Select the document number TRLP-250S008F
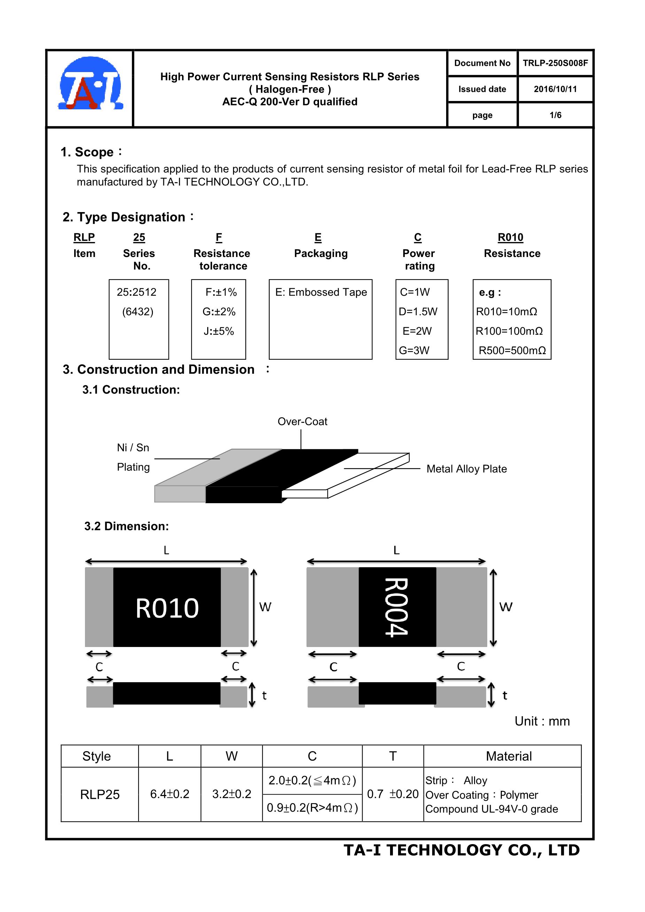click(555, 63)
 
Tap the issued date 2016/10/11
click(555, 89)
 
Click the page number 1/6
click(555, 115)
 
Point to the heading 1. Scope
click(87, 152)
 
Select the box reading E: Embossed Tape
click(320, 293)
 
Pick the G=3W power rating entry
click(414, 350)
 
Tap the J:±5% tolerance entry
click(219, 331)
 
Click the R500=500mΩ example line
click(512, 350)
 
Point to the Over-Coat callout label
click(302, 421)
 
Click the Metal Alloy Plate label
click(467, 469)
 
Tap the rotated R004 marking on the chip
click(397, 607)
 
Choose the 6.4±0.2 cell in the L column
click(170, 794)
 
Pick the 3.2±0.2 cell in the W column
click(232, 794)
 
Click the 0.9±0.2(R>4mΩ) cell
click(312, 808)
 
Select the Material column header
click(508, 756)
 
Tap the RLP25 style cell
click(100, 794)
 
